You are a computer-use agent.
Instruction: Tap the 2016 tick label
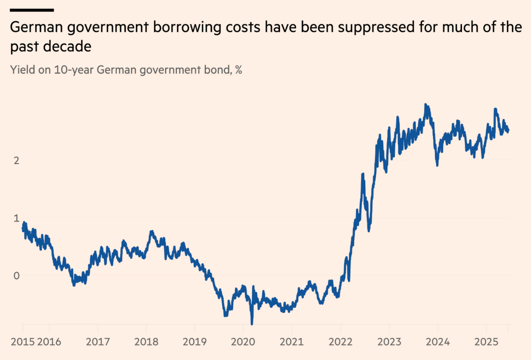(49, 342)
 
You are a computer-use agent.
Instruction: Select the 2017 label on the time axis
(98, 342)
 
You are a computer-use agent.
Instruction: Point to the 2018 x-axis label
(146, 342)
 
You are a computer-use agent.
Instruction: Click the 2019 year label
(195, 342)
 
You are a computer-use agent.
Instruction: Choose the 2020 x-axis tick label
(243, 342)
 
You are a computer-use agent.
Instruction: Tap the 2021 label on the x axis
(292, 342)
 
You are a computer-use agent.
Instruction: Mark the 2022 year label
(340, 342)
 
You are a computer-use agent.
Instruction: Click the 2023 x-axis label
(389, 342)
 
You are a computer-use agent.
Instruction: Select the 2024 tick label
(438, 342)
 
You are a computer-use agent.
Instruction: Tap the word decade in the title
(69, 46)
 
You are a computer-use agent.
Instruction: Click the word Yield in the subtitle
(20, 70)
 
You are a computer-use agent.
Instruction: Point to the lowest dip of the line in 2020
(252, 323)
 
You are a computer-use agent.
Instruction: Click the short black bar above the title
(32, 10)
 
